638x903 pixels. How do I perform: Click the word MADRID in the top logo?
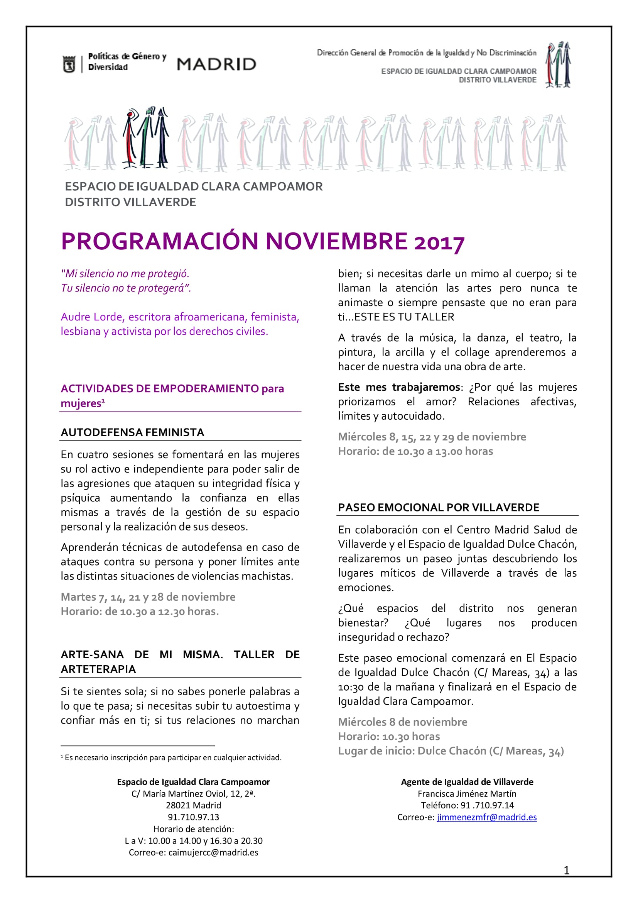point(216,64)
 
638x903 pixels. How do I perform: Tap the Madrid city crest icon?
point(69,64)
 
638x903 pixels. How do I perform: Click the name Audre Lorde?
point(92,317)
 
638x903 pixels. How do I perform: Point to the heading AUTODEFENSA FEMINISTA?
point(132,432)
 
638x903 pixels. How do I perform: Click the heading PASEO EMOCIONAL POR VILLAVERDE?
point(439,507)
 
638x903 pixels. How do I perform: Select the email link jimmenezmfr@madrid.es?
point(486,817)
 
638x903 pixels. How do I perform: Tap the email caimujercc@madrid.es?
point(213,852)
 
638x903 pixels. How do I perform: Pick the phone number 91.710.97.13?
point(193,817)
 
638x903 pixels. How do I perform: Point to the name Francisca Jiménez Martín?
point(467,794)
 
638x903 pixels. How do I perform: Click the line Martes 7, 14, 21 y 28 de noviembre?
point(148,597)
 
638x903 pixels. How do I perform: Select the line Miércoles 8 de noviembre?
point(403,722)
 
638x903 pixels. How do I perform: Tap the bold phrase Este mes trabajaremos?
point(399,387)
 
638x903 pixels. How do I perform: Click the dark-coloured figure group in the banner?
point(146,138)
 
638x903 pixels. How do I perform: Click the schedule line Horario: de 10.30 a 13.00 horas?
point(415,451)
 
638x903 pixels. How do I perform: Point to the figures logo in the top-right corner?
point(558,65)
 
